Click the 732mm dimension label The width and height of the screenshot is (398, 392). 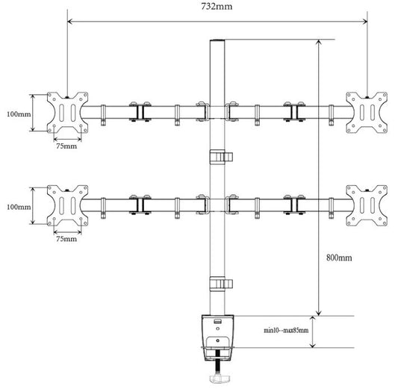point(217,6)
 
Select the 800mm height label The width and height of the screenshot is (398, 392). point(339,258)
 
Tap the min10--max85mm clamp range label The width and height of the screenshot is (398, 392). point(286,330)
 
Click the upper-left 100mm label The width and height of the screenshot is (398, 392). point(19,114)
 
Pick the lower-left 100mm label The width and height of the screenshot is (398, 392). point(19,207)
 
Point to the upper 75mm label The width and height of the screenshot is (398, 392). point(66,146)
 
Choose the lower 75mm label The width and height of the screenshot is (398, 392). point(66,239)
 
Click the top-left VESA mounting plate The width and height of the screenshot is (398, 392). point(67,113)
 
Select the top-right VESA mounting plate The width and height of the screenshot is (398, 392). point(367,113)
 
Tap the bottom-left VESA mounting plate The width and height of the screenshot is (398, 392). point(67,205)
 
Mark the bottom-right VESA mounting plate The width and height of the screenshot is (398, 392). point(367,205)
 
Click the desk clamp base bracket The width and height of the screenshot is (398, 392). point(217,337)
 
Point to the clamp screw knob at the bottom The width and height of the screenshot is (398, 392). point(220,379)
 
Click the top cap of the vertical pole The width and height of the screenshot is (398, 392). point(217,41)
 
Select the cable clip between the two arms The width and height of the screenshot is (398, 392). point(221,157)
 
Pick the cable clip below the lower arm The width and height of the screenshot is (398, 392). point(221,284)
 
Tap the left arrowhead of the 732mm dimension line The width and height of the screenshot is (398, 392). point(70,22)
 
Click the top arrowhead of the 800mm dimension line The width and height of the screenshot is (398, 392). point(319,43)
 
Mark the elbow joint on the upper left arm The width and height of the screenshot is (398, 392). point(140,112)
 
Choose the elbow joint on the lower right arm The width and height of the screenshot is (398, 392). point(294,205)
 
